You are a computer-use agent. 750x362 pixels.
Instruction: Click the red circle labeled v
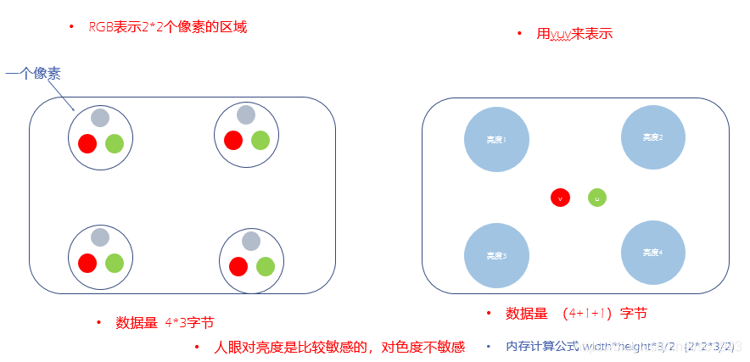pyautogui.click(x=559, y=198)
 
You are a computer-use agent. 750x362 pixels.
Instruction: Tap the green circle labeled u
pyautogui.click(x=596, y=198)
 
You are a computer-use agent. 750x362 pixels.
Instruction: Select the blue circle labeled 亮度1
pyautogui.click(x=496, y=139)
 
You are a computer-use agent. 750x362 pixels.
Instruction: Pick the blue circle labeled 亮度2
pyautogui.click(x=653, y=136)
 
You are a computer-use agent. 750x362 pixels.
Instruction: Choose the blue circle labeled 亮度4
pyautogui.click(x=653, y=252)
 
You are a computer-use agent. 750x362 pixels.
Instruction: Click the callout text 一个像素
pyautogui.click(x=33, y=74)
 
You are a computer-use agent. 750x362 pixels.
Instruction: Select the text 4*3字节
pyautogui.click(x=189, y=322)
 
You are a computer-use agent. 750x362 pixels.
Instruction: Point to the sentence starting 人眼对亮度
pyautogui.click(x=339, y=347)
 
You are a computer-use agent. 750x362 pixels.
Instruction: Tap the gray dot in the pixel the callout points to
pyautogui.click(x=100, y=118)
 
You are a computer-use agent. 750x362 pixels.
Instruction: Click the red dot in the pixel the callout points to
pyautogui.click(x=87, y=143)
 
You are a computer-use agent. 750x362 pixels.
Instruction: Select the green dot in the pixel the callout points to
pyautogui.click(x=115, y=143)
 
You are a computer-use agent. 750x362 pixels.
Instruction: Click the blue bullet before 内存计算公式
pyautogui.click(x=488, y=347)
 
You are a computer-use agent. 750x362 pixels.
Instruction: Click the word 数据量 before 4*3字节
pyautogui.click(x=137, y=322)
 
